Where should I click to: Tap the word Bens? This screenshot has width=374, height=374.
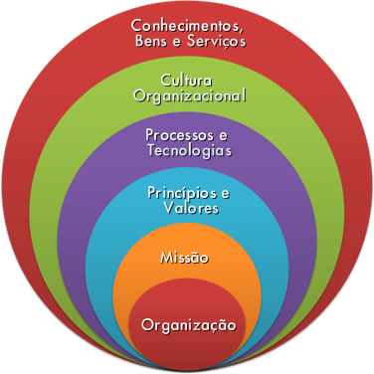pos(150,42)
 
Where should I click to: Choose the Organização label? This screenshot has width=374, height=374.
pos(188,324)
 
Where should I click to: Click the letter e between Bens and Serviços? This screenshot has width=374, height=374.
pos(177,43)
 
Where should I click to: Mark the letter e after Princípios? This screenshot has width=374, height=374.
pos(225,191)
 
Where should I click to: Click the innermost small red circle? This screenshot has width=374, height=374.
pos(188,343)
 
